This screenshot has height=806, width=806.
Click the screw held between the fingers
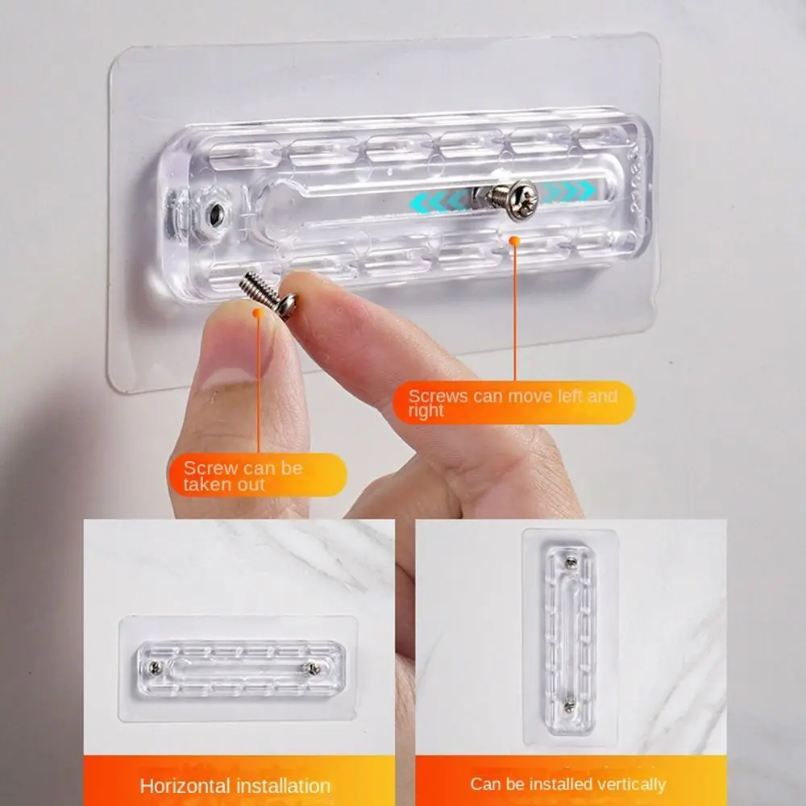[x=268, y=295]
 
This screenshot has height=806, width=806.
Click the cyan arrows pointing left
[x=439, y=201]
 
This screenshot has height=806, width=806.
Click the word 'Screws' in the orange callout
[x=438, y=397]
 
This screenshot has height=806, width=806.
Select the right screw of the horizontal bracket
[x=310, y=668]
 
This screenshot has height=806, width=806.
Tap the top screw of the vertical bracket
[x=570, y=563]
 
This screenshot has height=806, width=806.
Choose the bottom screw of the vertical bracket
[x=569, y=706]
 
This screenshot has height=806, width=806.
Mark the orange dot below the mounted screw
[x=514, y=240]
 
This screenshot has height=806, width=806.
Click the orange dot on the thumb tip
[x=259, y=313]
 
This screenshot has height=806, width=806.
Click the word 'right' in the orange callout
[x=426, y=411]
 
